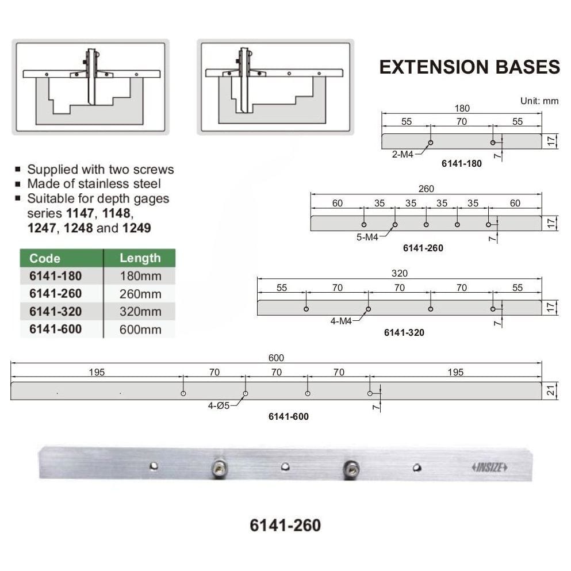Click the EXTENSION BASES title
pos(469,67)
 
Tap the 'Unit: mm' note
pos(539,101)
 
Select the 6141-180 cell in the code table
pos(55,275)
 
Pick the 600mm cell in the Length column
pos(140,329)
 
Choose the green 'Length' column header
pos(140,258)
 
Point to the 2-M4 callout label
pos(403,154)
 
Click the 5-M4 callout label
pos(367,236)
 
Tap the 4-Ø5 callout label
pos(219,405)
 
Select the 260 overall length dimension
pos(426,189)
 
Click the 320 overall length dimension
pos(399,273)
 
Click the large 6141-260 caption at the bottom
pos(285,525)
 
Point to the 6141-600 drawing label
pos(289,416)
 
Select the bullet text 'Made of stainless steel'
pos(94,184)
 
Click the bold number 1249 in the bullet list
pos(136,228)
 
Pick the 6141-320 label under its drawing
pos(404,332)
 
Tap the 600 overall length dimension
pos(276,358)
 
